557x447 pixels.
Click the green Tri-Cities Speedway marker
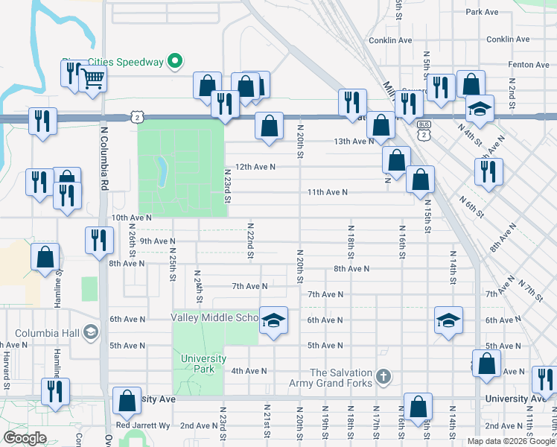click(175, 61)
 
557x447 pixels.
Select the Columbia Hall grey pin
click(92, 332)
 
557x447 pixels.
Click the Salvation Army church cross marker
click(383, 374)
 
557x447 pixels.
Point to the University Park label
click(203, 364)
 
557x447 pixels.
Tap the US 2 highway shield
click(136, 117)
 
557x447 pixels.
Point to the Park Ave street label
click(481, 13)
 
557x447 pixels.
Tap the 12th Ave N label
click(255, 167)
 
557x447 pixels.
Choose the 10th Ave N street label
click(131, 218)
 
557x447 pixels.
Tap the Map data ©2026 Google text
click(510, 441)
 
